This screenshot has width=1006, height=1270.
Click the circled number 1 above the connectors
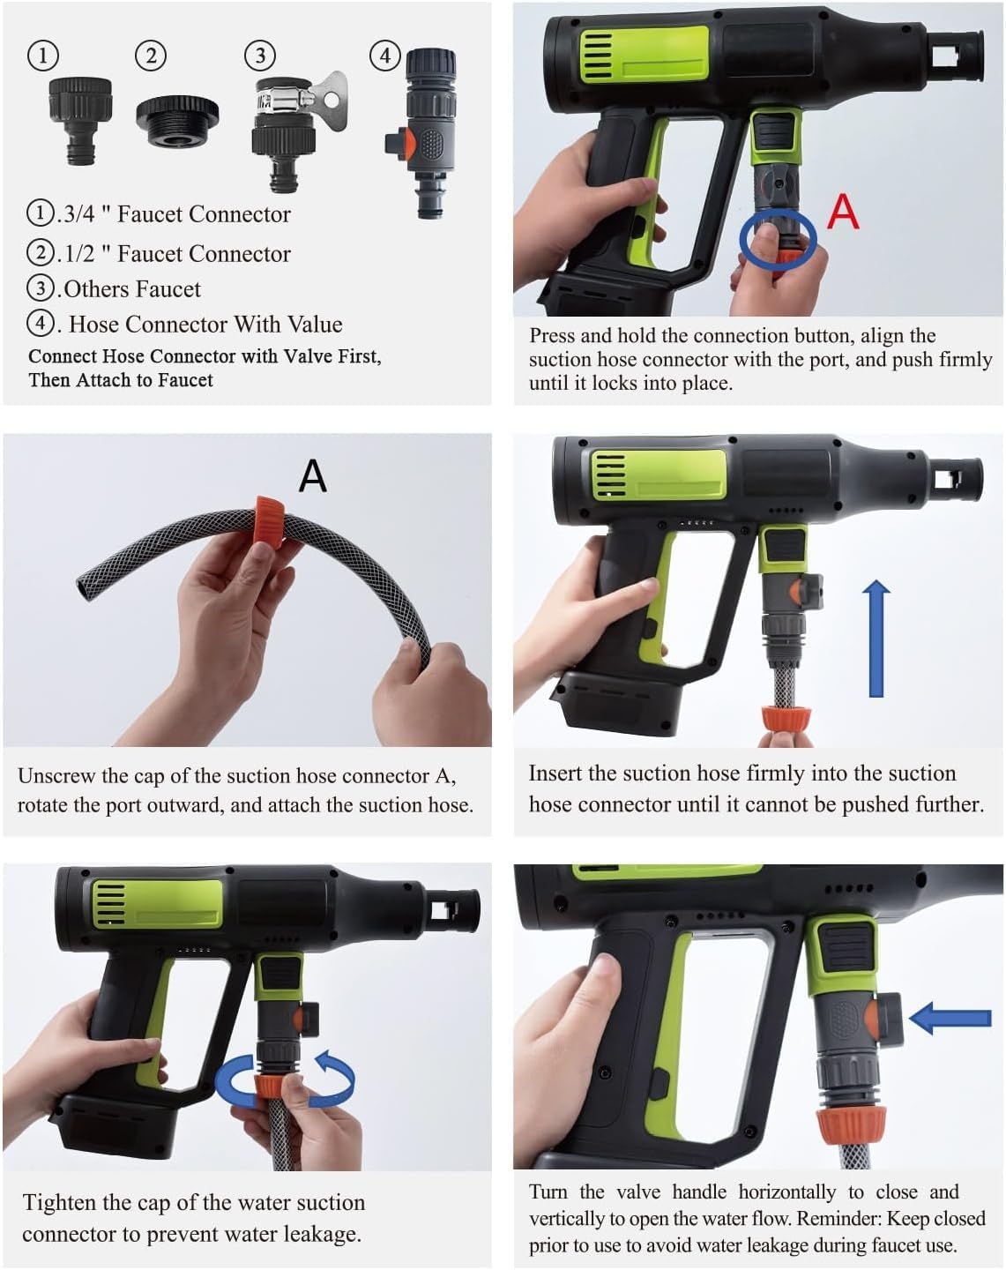(x=43, y=56)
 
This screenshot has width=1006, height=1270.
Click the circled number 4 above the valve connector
(x=384, y=56)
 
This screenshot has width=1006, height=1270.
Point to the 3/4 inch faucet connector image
(x=80, y=121)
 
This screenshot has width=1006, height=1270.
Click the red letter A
(x=842, y=212)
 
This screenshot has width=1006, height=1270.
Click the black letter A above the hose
(x=312, y=475)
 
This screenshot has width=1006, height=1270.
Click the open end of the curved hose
(x=83, y=589)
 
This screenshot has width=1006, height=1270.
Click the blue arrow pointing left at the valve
(x=950, y=1018)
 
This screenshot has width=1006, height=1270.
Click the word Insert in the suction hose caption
(x=557, y=773)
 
